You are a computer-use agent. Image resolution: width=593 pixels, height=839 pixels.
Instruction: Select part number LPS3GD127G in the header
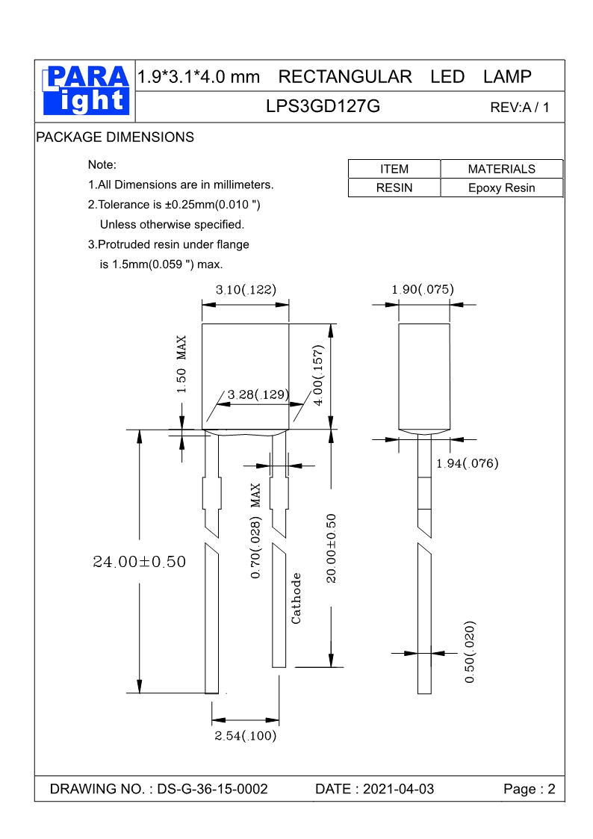pos(323,106)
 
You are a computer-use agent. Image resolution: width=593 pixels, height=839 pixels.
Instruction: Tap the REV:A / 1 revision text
pos(519,108)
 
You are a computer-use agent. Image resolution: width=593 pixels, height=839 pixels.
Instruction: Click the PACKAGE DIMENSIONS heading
pos(115,137)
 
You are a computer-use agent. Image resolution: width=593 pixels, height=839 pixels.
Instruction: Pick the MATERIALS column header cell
pos(501,169)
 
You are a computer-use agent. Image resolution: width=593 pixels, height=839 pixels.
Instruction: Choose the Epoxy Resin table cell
pos(501,188)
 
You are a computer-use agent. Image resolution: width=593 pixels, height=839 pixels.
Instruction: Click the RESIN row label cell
pos(394,188)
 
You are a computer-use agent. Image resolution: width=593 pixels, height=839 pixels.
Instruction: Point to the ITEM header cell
pos(394,169)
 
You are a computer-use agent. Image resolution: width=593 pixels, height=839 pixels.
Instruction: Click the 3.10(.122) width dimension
pos(246,290)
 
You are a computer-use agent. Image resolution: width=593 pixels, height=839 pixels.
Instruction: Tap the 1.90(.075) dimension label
pos(423,289)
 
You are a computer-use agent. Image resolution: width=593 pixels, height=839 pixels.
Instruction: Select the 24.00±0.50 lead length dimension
pos(139,562)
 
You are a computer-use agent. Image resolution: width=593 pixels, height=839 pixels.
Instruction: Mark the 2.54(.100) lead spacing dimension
pos(246,736)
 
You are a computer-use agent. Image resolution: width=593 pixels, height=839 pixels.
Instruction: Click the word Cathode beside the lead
pos(296,598)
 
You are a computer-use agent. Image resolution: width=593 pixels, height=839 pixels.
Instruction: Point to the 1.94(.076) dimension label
pos(467,463)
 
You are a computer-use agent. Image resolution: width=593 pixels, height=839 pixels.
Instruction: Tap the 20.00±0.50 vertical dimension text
pos(332,548)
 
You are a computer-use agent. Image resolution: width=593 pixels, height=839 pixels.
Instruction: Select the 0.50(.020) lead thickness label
pos(470,651)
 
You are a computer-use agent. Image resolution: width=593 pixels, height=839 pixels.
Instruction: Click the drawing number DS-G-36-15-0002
pos(212,789)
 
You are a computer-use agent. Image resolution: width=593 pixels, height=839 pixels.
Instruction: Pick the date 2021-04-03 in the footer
pos(397,789)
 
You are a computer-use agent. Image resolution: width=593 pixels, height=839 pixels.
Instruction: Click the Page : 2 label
pos(530,789)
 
